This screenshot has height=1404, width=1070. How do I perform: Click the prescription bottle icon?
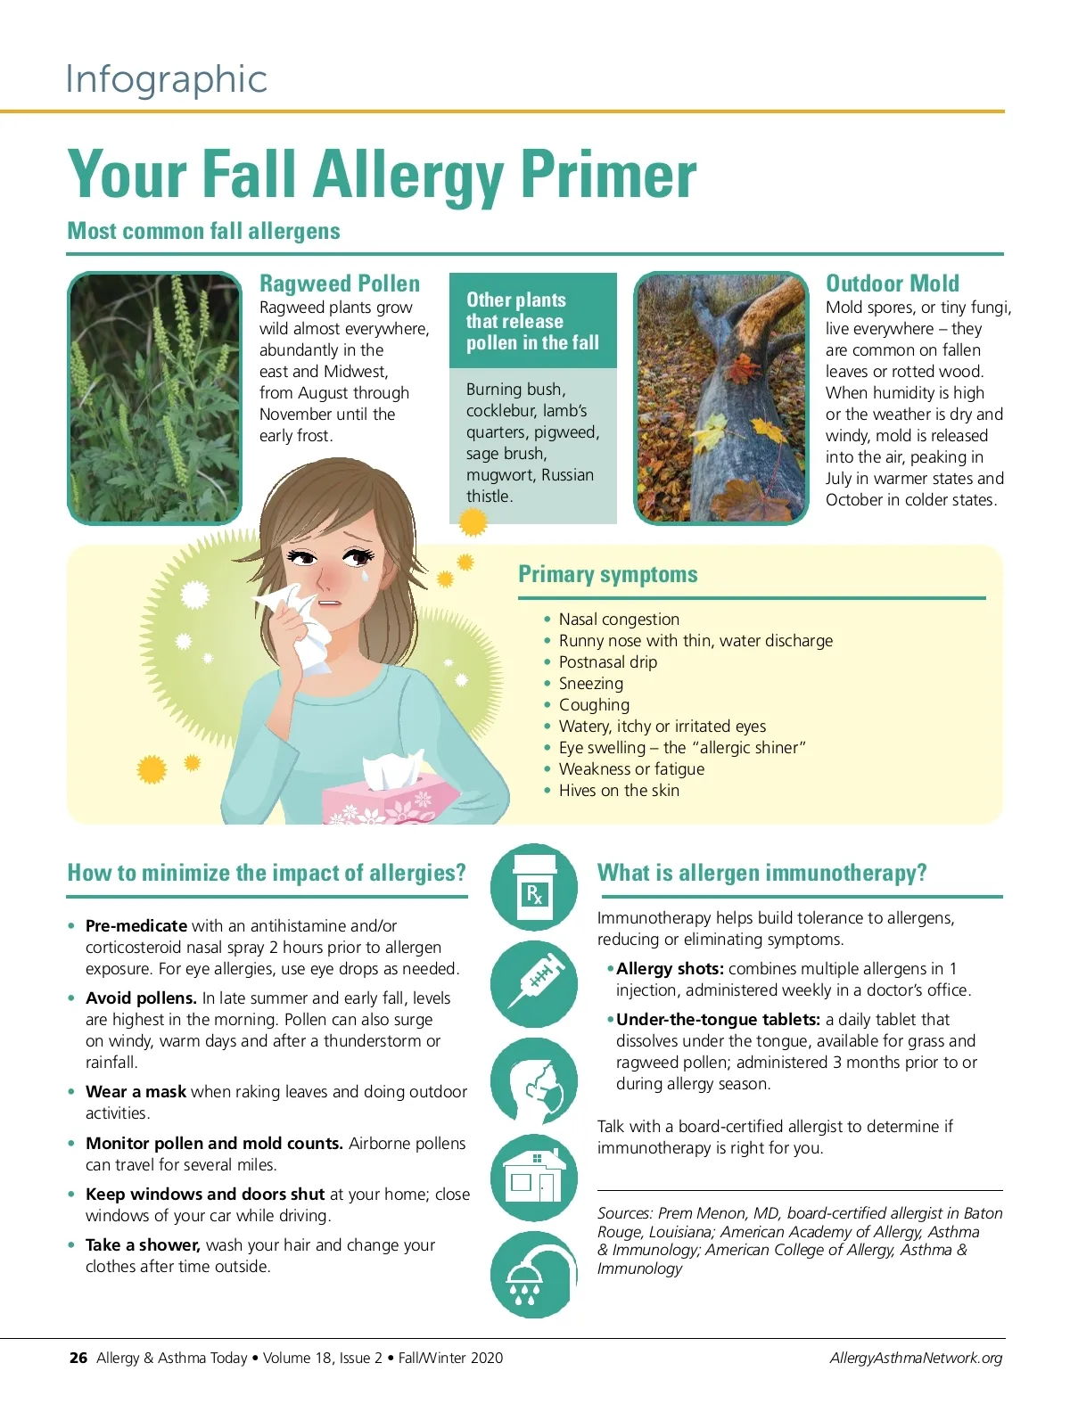[533, 887]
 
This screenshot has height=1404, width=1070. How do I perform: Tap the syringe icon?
[533, 983]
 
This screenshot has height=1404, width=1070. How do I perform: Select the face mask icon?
[533, 1081]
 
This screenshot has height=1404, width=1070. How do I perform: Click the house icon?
[533, 1177]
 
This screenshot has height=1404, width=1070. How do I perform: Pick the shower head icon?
[533, 1275]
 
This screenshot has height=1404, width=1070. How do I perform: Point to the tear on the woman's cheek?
[366, 577]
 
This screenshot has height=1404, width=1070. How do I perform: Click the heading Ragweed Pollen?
[340, 283]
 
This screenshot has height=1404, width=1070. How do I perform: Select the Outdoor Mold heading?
[893, 283]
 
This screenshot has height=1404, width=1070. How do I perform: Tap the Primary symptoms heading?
[607, 574]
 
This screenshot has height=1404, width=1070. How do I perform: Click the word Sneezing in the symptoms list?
[590, 683]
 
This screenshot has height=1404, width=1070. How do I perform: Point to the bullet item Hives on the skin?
[619, 790]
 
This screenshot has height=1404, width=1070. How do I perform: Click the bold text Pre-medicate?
[136, 925]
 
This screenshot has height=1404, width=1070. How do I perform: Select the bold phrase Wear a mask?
[136, 1091]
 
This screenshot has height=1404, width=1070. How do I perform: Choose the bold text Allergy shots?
[670, 969]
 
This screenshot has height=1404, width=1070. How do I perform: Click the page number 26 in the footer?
[78, 1358]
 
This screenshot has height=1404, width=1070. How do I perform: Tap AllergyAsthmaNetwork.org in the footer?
[916, 1358]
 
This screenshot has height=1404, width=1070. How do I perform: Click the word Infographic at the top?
[166, 80]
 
